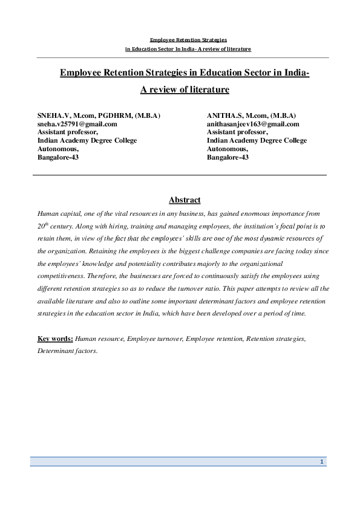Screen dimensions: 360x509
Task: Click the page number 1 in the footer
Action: pos(322,462)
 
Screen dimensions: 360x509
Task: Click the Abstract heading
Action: pos(185,200)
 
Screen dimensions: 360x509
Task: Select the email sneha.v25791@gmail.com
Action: pos(77,124)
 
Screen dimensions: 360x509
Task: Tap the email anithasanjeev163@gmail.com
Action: pos(253,124)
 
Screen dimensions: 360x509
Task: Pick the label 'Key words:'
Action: pos(55,339)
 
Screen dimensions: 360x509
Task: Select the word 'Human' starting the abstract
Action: pos(48,214)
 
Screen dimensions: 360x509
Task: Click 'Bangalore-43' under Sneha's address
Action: pos(58,157)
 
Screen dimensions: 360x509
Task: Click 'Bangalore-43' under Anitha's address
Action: pos(227,157)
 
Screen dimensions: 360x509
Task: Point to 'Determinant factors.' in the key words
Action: pos(67,351)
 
